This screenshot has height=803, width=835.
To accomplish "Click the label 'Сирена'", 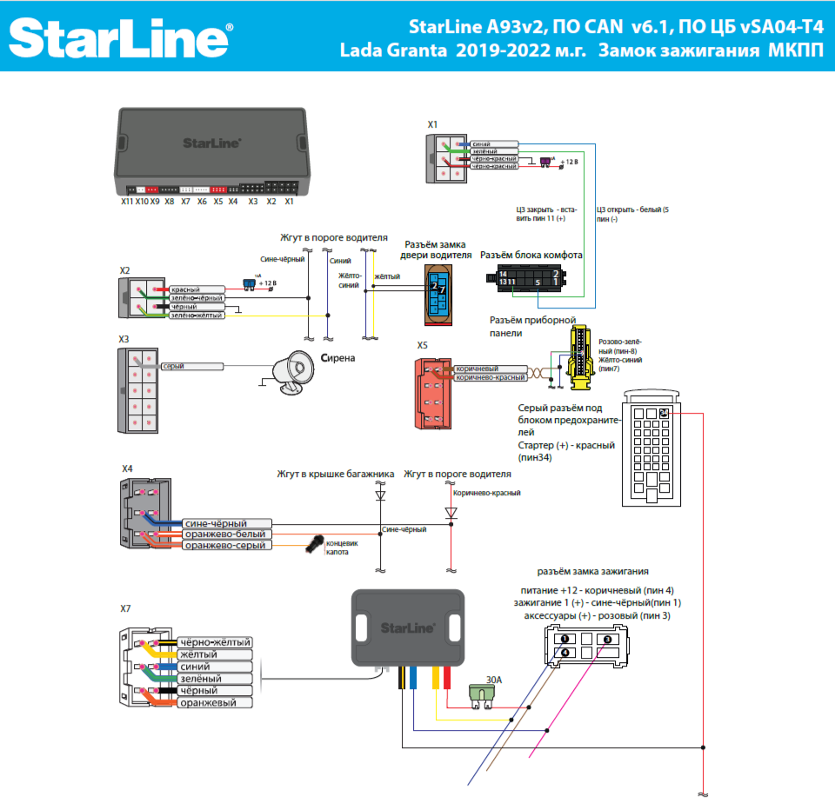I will (x=338, y=357).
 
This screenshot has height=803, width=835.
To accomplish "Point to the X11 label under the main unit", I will (x=127, y=201).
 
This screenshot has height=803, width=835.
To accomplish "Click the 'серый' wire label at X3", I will (x=174, y=367).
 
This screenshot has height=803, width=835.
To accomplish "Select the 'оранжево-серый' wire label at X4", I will (x=225, y=545).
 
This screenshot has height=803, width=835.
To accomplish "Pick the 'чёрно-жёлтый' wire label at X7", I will (x=214, y=642).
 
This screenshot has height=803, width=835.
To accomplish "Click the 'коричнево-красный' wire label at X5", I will (x=490, y=378).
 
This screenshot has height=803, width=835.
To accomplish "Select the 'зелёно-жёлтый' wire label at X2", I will (x=196, y=315).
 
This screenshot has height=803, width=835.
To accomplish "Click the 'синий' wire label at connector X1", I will (x=479, y=143).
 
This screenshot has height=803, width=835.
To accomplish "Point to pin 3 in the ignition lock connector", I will (x=608, y=639).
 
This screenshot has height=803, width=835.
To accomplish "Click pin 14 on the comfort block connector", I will (x=502, y=275).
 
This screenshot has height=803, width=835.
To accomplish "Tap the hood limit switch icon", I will (x=312, y=544).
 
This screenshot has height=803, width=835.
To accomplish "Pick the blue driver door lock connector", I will (x=436, y=292).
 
